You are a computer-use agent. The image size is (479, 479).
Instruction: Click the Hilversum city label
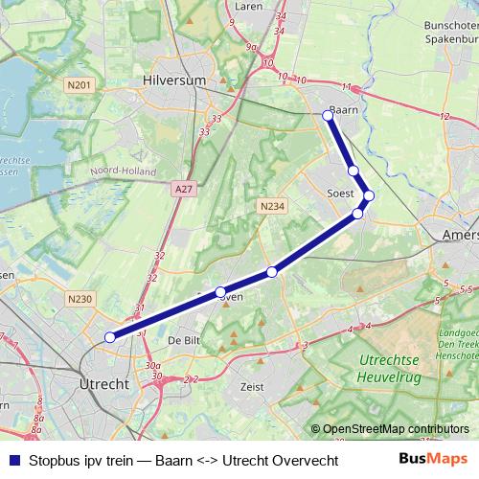click(x=172, y=81)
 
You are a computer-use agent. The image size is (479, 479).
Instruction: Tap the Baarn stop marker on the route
click(x=328, y=115)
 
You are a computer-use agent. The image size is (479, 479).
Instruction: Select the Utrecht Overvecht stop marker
click(x=110, y=336)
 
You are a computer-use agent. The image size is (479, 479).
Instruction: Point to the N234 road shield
click(x=271, y=205)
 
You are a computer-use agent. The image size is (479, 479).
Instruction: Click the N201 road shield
click(x=80, y=87)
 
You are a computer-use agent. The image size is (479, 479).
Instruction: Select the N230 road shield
click(x=80, y=299)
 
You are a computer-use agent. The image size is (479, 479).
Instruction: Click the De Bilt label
click(x=182, y=341)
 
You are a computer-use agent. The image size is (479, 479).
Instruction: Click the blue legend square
click(x=13, y=461)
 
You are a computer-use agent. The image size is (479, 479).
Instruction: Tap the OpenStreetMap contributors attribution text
click(x=395, y=429)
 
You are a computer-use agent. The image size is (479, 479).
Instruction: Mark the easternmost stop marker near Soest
click(x=369, y=195)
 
